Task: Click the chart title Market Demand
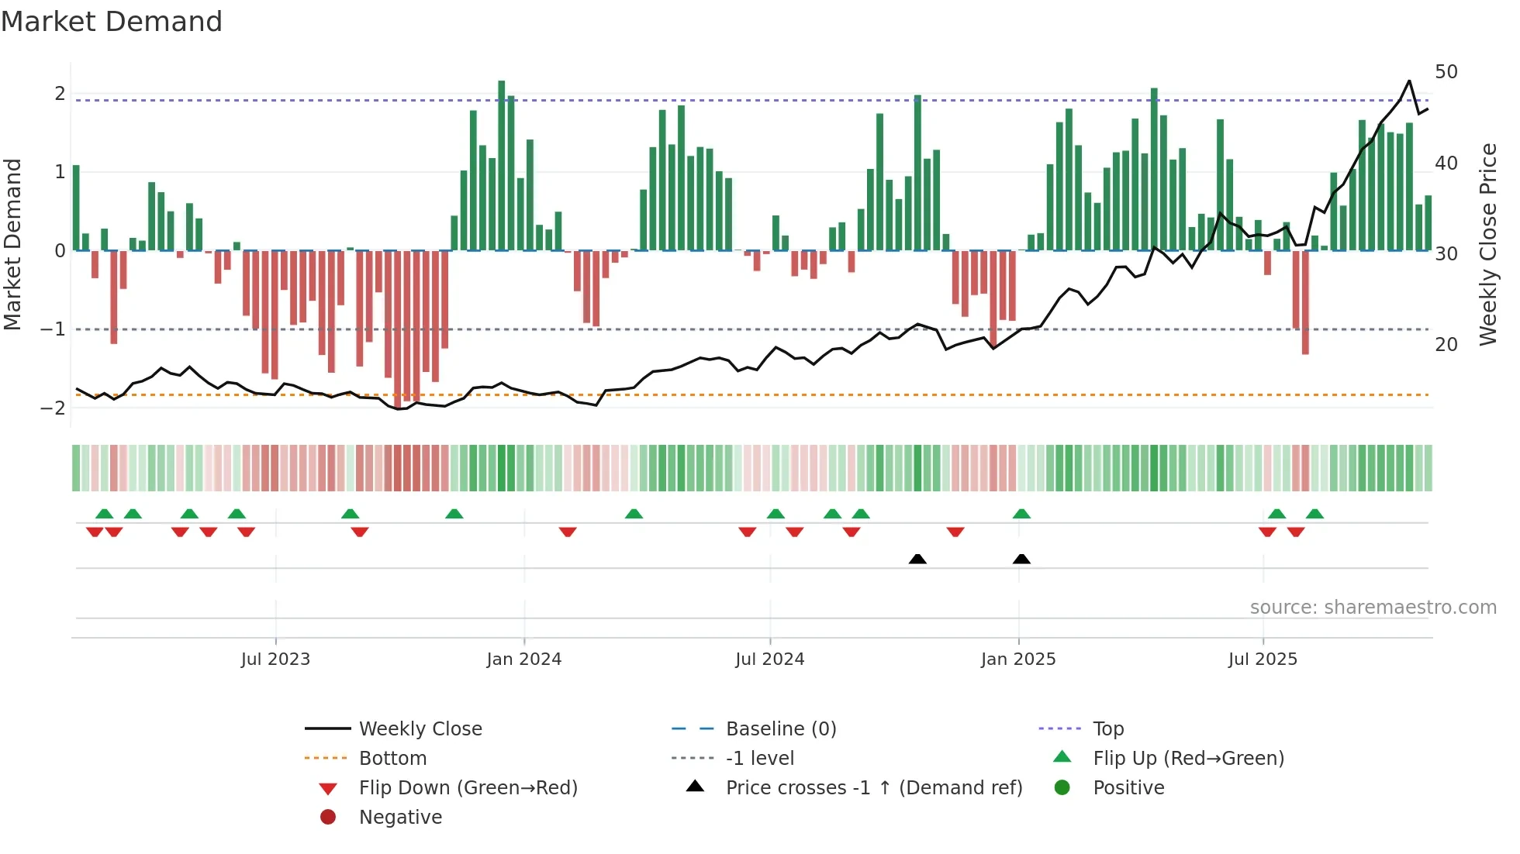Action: coord(112,22)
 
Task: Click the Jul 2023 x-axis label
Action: coord(275,659)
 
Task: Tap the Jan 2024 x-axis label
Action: coord(524,659)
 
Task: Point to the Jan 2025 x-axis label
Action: coord(1018,659)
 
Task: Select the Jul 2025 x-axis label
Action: coord(1263,659)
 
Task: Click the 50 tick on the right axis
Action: coord(1446,72)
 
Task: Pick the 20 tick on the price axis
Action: coord(1446,345)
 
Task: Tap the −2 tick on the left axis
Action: coord(54,408)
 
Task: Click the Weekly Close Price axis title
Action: coord(1488,244)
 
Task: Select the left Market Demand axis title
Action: coord(13,244)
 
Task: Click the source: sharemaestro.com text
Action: coord(1373,608)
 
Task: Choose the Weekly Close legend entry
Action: coord(420,729)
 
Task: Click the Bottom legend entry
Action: coord(392,759)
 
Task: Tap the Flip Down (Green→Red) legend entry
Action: coord(468,788)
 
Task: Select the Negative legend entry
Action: coord(400,818)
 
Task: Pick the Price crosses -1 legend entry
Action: coord(873,788)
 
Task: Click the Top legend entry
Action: coord(1108,729)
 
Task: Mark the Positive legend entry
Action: coord(1128,788)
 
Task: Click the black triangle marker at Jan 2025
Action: coord(1021,559)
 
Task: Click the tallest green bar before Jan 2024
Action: coord(502,165)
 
